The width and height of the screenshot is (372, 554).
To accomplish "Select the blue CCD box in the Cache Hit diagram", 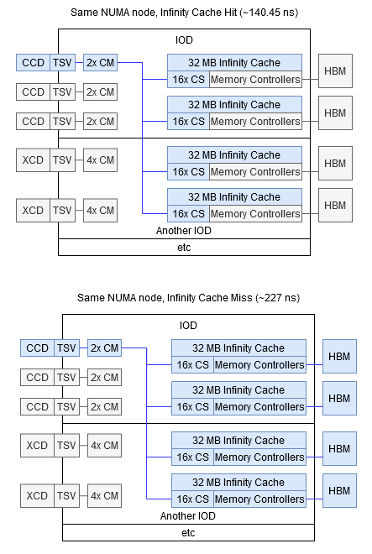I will [33, 62].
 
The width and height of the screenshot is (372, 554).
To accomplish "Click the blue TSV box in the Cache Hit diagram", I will [62, 62].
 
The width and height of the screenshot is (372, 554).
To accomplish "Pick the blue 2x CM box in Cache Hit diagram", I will [100, 62].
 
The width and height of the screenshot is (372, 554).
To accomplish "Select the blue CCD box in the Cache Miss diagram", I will [37, 348].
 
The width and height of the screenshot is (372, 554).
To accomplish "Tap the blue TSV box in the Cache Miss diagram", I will [66, 348].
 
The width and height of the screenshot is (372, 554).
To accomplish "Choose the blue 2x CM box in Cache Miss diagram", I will [104, 348].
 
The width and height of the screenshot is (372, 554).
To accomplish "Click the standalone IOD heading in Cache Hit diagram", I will [184, 39].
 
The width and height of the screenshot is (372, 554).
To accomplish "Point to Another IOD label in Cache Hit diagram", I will [184, 231].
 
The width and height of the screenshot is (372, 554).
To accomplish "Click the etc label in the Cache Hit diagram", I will [184, 247].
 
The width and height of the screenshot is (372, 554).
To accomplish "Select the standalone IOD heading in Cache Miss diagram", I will [188, 325].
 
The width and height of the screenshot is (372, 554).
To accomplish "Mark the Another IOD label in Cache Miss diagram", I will [188, 516].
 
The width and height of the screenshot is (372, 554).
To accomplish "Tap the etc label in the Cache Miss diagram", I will [188, 532].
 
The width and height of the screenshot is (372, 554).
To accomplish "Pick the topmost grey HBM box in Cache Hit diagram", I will [335, 71].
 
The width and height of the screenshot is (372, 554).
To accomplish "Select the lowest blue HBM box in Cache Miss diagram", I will [339, 490].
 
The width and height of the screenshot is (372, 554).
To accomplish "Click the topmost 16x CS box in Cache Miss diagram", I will [192, 365].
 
